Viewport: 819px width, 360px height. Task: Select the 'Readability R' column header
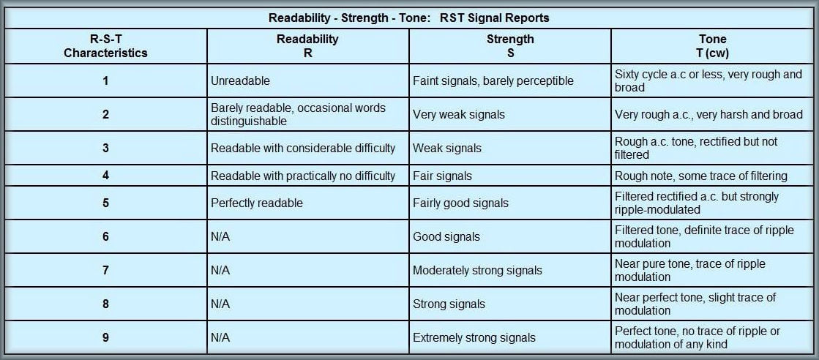click(307, 46)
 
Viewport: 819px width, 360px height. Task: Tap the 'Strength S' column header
click(510, 46)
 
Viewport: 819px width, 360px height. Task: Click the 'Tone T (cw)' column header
click(712, 46)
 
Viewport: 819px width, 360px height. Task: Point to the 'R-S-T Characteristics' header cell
click(105, 46)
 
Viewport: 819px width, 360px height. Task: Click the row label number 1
click(105, 81)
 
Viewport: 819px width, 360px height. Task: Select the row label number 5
click(105, 203)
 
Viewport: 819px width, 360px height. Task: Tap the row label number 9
click(105, 337)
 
